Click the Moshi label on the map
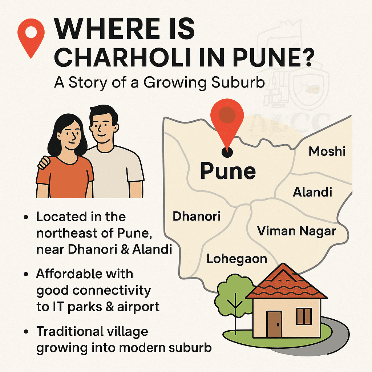coord(327,151)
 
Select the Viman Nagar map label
coord(296,231)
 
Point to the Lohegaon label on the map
coord(236,259)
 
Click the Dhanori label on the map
coord(197,216)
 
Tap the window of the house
coord(304,316)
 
